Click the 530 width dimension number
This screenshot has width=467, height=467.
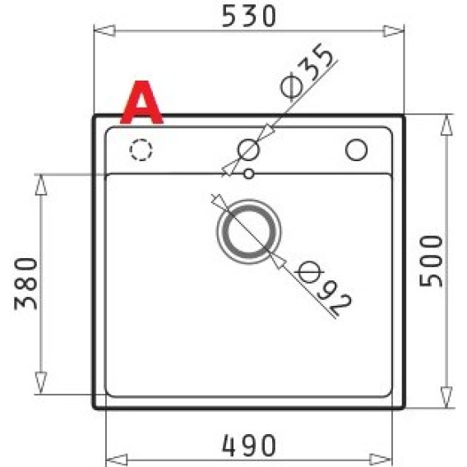[249, 16]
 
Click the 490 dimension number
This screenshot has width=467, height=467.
[249, 446]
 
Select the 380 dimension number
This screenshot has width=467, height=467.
[26, 284]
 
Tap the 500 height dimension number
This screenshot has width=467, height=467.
[431, 261]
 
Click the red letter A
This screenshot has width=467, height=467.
[141, 103]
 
